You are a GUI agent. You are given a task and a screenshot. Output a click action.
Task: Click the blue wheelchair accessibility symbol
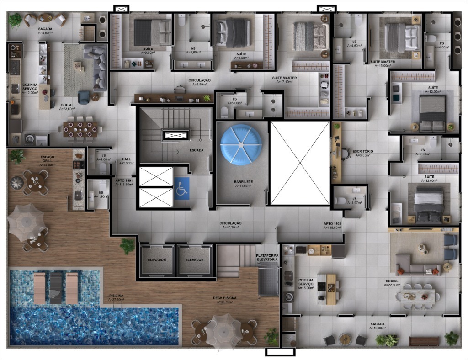181,189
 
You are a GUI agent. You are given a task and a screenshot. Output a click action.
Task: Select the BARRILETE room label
244,181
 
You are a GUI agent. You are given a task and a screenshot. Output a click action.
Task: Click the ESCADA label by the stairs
197,150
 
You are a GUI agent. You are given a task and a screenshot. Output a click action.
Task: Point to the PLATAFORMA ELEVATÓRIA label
267,257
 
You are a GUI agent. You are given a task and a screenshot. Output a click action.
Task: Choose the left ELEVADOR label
157,260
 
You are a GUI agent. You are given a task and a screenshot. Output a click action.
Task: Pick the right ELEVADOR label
194,260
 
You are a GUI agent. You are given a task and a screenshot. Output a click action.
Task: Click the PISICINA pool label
116,296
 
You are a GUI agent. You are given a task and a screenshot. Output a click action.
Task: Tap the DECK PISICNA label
224,298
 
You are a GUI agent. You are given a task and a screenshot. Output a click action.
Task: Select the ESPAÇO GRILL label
47,159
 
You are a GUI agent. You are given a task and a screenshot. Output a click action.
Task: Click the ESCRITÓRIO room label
363,151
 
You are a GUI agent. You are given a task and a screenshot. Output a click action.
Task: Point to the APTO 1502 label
332,223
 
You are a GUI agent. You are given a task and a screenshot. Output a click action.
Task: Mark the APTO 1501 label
123,180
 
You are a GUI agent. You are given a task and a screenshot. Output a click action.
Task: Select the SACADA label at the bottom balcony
378,324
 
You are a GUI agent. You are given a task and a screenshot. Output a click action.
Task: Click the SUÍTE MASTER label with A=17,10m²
284,78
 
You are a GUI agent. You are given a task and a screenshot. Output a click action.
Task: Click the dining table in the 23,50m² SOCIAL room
80,129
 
